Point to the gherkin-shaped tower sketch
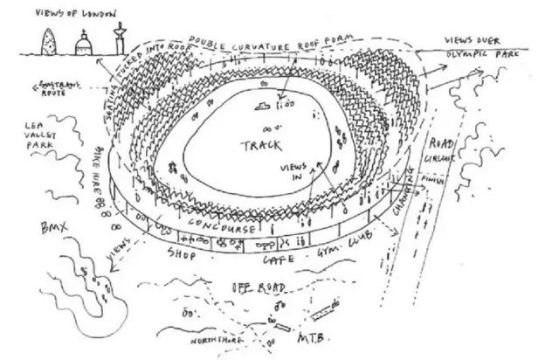47,39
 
